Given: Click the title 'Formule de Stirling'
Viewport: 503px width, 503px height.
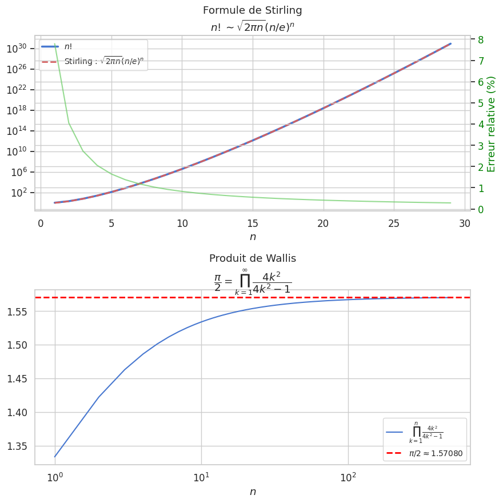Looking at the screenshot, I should (252, 10).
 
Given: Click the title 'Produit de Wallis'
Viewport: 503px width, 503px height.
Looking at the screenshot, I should (252, 258).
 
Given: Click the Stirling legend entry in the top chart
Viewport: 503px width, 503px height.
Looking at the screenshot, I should (103, 61).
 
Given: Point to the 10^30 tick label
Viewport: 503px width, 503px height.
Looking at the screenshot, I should (21, 49).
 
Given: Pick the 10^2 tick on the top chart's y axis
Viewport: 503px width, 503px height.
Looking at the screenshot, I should (22, 193).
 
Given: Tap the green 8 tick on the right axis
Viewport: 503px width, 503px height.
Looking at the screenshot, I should (481, 39).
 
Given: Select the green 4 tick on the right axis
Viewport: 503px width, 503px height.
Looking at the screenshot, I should (481, 125).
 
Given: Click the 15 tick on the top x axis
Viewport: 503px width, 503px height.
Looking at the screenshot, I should (253, 223).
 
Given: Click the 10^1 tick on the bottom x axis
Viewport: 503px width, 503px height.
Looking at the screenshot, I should (201, 477).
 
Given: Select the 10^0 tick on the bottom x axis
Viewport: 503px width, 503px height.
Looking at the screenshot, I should (54, 477).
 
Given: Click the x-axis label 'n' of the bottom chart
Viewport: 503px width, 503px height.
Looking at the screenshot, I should (252, 492).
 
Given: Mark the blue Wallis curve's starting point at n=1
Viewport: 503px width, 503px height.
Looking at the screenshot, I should (55, 457).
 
